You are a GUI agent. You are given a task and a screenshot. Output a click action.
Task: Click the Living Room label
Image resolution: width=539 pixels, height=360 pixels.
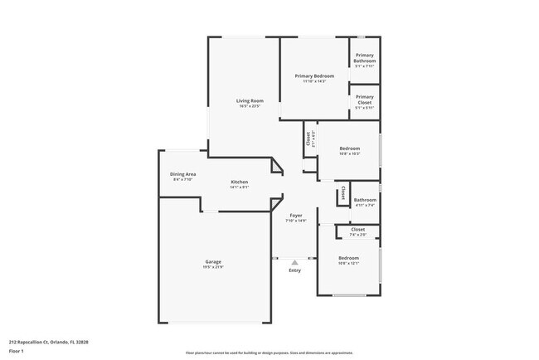(250, 101)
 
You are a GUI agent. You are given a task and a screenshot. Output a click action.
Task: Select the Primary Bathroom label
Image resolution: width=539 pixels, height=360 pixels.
(365, 58)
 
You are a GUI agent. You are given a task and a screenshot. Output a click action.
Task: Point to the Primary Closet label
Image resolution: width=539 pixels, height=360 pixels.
(365, 99)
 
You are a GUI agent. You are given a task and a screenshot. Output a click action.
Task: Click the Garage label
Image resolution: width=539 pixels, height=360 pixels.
(213, 262)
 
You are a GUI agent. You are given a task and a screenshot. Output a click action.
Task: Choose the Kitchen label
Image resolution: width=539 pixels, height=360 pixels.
(240, 182)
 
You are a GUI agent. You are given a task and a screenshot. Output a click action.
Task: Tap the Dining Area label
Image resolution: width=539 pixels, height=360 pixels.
(182, 174)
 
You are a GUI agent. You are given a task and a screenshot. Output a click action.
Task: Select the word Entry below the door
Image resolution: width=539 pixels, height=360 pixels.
(295, 270)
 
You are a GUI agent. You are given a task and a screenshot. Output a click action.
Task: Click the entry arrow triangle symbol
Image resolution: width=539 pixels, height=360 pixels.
(294, 261)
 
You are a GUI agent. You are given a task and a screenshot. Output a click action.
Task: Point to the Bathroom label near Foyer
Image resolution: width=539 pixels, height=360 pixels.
(365, 199)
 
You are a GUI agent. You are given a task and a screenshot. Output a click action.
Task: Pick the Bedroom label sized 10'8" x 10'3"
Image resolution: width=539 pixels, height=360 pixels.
(349, 148)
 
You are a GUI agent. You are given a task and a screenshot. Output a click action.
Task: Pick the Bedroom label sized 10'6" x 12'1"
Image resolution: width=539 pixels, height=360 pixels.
(348, 258)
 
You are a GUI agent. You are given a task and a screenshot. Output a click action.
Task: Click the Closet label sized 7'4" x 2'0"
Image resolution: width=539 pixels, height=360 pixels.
(357, 229)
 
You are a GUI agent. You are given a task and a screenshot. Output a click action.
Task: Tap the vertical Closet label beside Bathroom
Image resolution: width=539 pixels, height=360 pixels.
(342, 193)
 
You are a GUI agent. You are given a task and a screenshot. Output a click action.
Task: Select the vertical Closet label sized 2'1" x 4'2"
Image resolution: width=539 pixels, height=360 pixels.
(308, 139)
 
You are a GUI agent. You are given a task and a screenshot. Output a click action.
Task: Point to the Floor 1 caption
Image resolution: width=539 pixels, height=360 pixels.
(17, 351)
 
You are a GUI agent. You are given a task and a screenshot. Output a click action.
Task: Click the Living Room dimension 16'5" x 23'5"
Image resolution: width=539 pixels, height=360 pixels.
(250, 106)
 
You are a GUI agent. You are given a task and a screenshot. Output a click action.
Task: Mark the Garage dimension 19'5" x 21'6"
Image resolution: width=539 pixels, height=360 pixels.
(213, 267)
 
